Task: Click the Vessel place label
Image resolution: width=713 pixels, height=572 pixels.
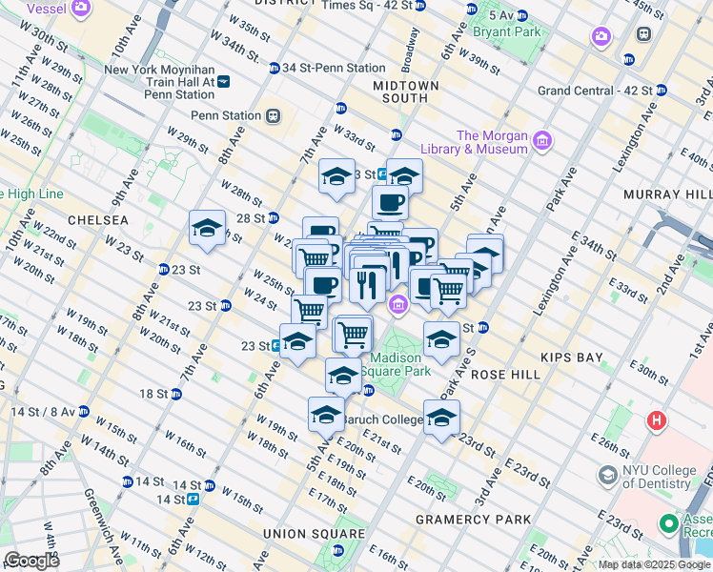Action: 48,8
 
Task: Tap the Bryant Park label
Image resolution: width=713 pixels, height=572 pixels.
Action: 514,31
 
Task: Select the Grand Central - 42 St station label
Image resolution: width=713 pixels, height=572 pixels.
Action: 595,92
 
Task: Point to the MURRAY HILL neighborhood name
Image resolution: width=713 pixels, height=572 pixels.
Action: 663,194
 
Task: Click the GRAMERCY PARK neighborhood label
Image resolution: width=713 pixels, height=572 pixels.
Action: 473,520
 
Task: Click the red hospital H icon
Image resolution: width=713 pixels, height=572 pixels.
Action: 658,419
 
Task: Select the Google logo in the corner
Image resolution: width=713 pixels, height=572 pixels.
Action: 31,561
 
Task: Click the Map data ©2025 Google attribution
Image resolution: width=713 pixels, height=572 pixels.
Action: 653,564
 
